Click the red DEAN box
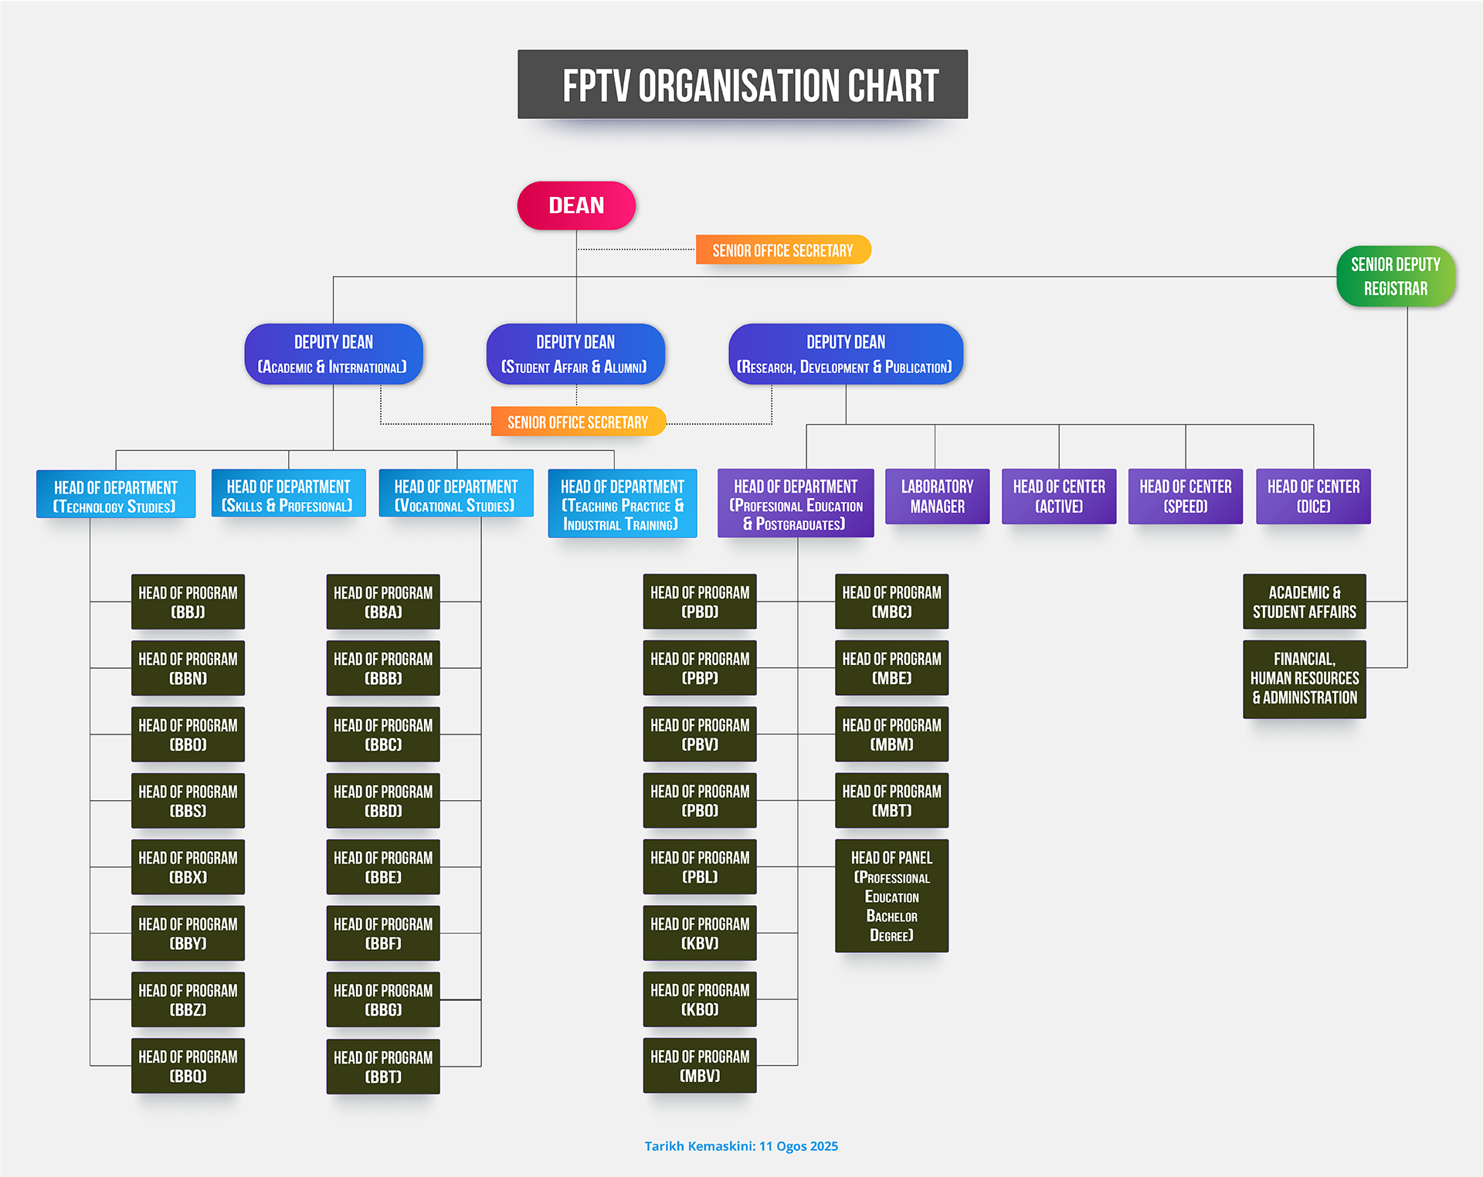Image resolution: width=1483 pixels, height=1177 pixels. [576, 205]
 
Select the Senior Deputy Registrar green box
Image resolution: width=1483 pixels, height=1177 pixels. [1395, 276]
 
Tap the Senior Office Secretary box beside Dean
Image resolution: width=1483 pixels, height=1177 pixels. [782, 250]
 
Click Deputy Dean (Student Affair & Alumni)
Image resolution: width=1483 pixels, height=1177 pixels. [575, 354]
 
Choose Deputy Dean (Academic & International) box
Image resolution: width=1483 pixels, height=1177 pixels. [333, 354]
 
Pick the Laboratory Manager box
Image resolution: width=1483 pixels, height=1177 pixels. [937, 497]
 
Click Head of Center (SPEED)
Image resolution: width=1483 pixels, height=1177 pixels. [1185, 497]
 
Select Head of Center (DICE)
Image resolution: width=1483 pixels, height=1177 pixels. [1313, 497]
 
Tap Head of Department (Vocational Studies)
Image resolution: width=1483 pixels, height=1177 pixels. [456, 495]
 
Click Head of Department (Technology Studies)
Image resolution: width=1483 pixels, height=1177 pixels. [116, 496]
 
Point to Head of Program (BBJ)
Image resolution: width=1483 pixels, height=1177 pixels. [188, 602]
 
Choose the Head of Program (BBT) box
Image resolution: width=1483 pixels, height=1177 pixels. [383, 1067]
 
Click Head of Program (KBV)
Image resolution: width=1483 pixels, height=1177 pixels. [700, 933]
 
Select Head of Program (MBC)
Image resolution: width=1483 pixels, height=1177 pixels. [891, 602]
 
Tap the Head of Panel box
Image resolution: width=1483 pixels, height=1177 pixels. [891, 896]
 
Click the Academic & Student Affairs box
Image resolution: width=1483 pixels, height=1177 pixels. [1304, 602]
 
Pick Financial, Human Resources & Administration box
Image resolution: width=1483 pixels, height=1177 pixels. [1304, 679]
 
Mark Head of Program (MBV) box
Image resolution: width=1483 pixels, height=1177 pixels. [700, 1066]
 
